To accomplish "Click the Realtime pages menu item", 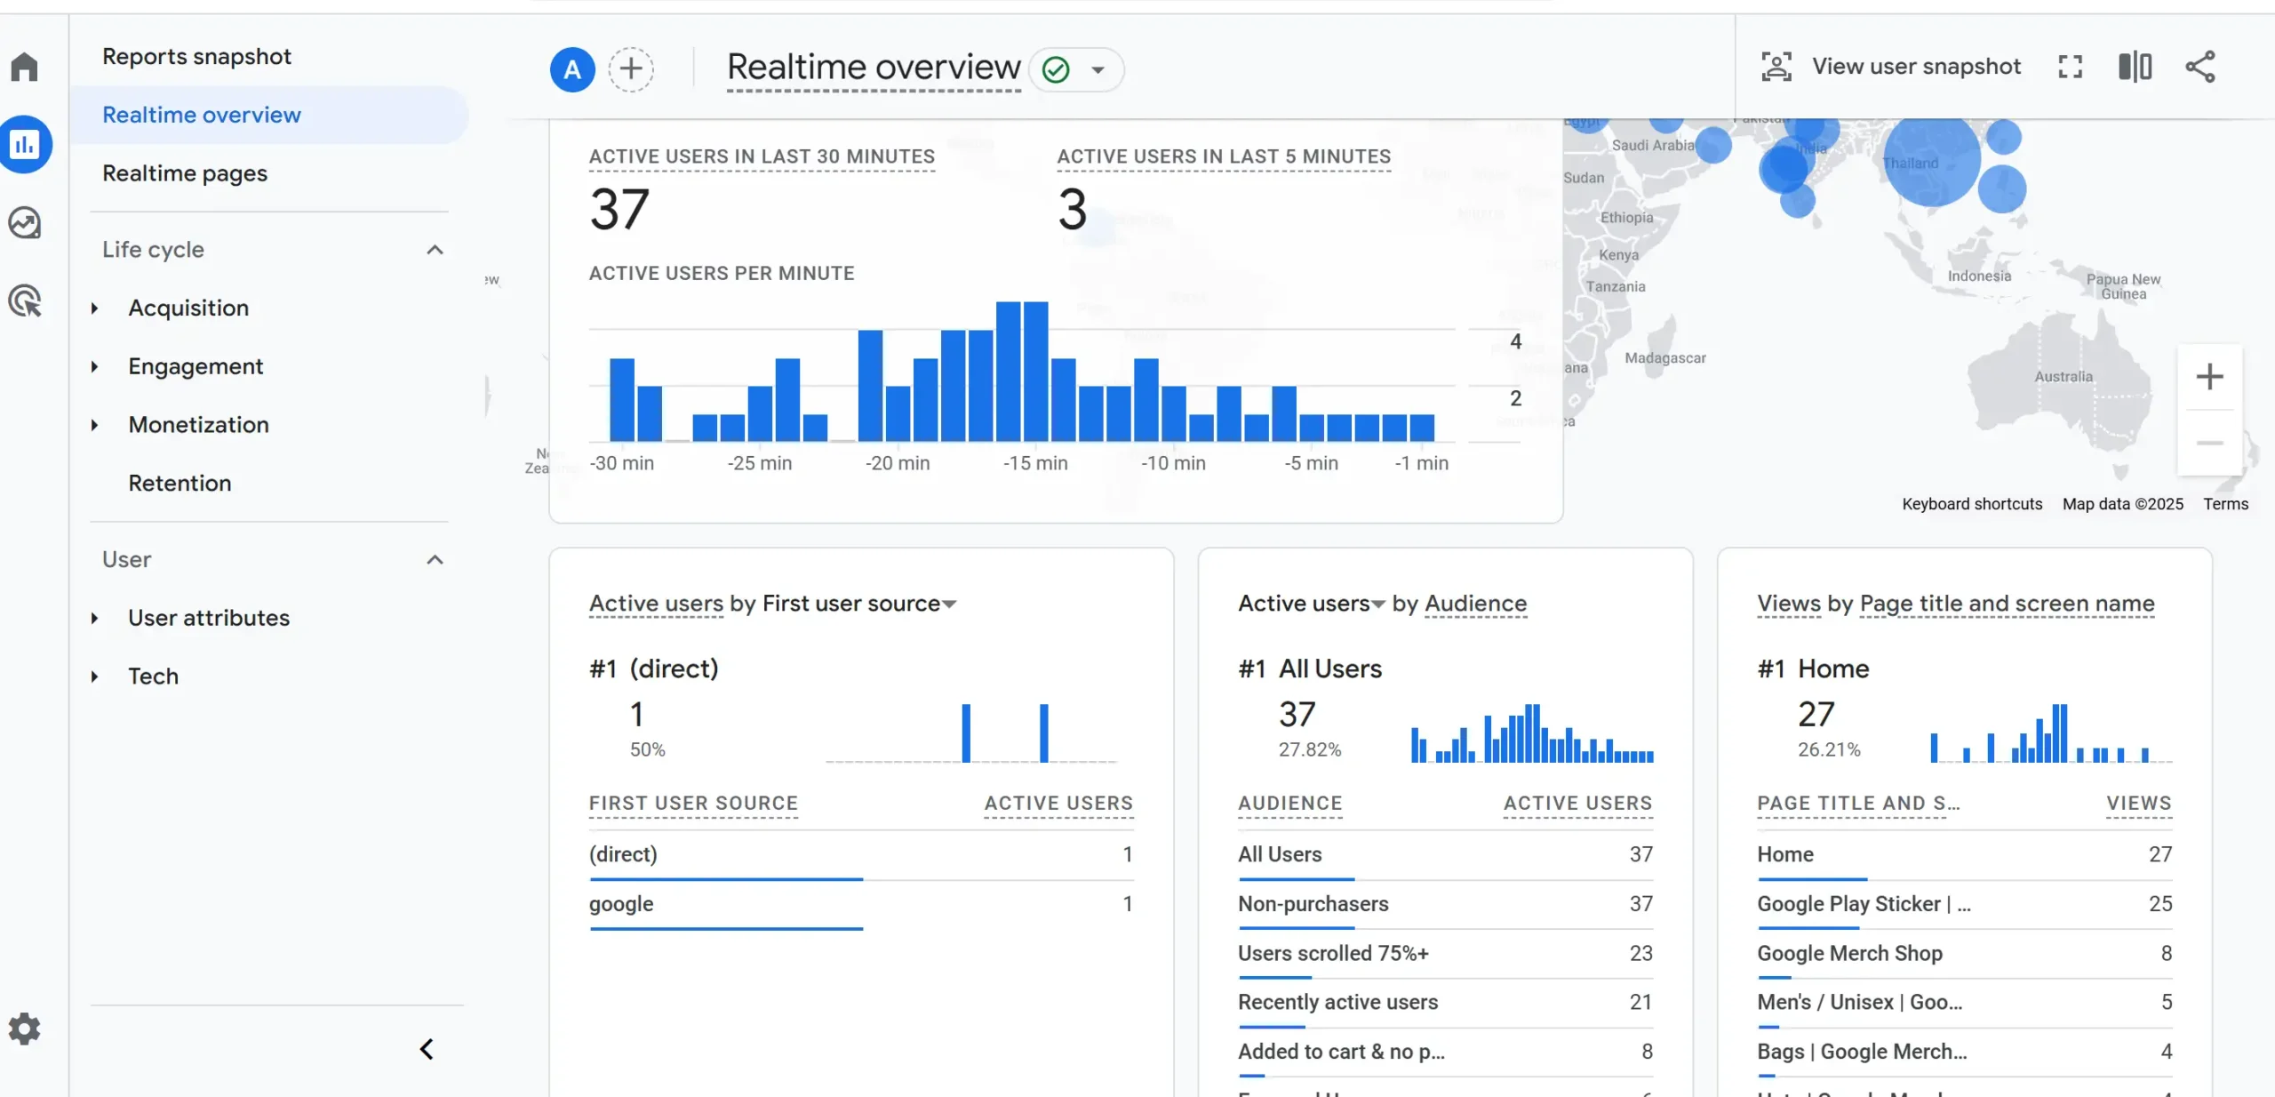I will [x=185, y=173].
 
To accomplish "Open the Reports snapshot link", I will [x=196, y=57].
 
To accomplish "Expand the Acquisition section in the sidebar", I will [x=188, y=308].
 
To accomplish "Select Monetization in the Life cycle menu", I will [x=198, y=425].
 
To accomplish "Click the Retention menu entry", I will [x=180, y=484].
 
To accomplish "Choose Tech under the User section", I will [x=153, y=677].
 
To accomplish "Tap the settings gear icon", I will [x=25, y=1029].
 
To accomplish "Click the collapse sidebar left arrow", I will [x=427, y=1050].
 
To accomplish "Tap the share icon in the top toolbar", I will [x=2200, y=67].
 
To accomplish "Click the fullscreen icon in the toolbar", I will [x=2070, y=67].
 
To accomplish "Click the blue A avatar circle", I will [x=572, y=69].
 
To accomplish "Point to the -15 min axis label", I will [x=1035, y=463].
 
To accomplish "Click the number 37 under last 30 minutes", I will [x=619, y=210].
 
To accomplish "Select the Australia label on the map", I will [x=2063, y=377].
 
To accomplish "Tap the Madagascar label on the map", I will [x=1664, y=358].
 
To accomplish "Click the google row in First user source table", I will [x=621, y=904].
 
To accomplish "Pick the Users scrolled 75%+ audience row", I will [x=1333, y=954].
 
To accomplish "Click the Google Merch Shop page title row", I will [x=1849, y=954].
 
